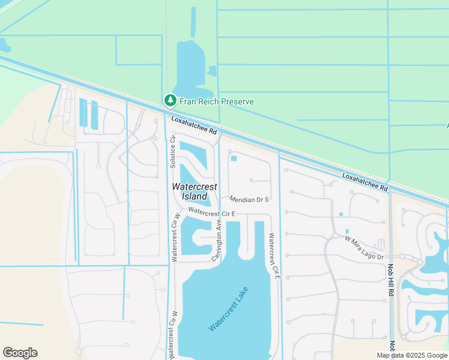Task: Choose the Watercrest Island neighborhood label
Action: click(x=194, y=191)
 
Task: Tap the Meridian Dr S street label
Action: click(x=249, y=199)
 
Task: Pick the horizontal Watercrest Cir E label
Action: click(x=211, y=212)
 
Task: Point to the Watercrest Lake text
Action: click(x=228, y=310)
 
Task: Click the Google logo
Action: click(x=20, y=353)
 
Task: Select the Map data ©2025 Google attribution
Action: click(x=412, y=355)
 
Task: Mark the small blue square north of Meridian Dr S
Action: click(x=234, y=158)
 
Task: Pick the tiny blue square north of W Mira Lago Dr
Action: click(x=340, y=214)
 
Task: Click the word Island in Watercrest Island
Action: click(x=194, y=196)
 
